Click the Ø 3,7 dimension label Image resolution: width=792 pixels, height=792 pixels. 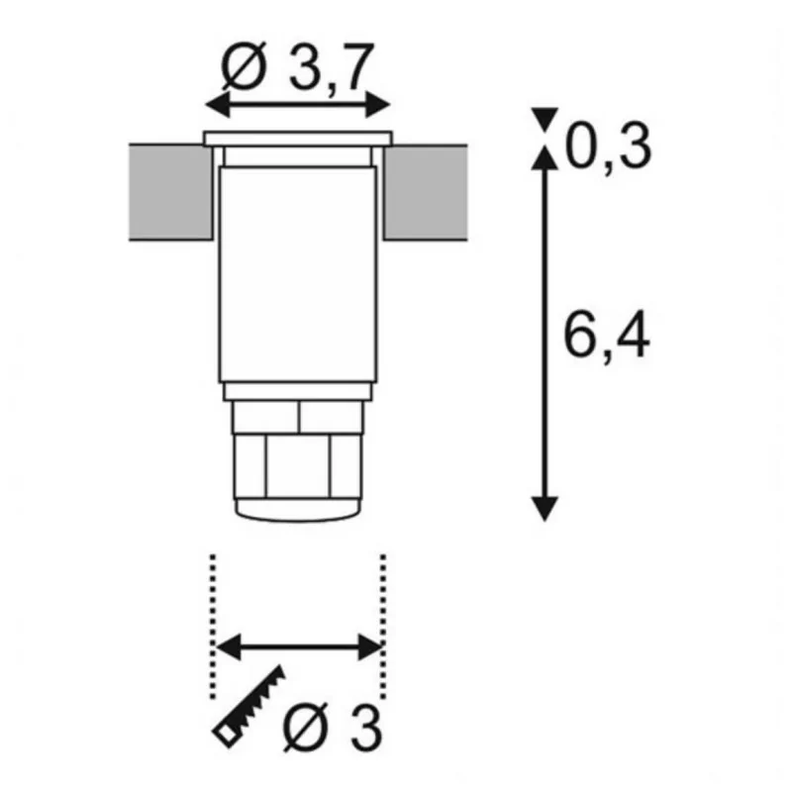point(298,66)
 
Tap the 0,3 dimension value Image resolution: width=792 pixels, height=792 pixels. point(608,148)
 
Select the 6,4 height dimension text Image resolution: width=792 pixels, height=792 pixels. point(607,334)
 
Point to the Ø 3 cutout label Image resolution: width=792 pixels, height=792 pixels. point(332,728)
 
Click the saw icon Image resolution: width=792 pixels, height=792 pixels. point(249,706)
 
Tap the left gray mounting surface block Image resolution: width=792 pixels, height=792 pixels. point(170,192)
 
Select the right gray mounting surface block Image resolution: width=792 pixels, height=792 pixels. point(426,192)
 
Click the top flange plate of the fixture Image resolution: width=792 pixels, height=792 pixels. point(298,139)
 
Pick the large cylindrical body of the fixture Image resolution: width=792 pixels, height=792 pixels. point(298,275)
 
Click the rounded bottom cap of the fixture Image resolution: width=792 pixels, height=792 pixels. point(298,510)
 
